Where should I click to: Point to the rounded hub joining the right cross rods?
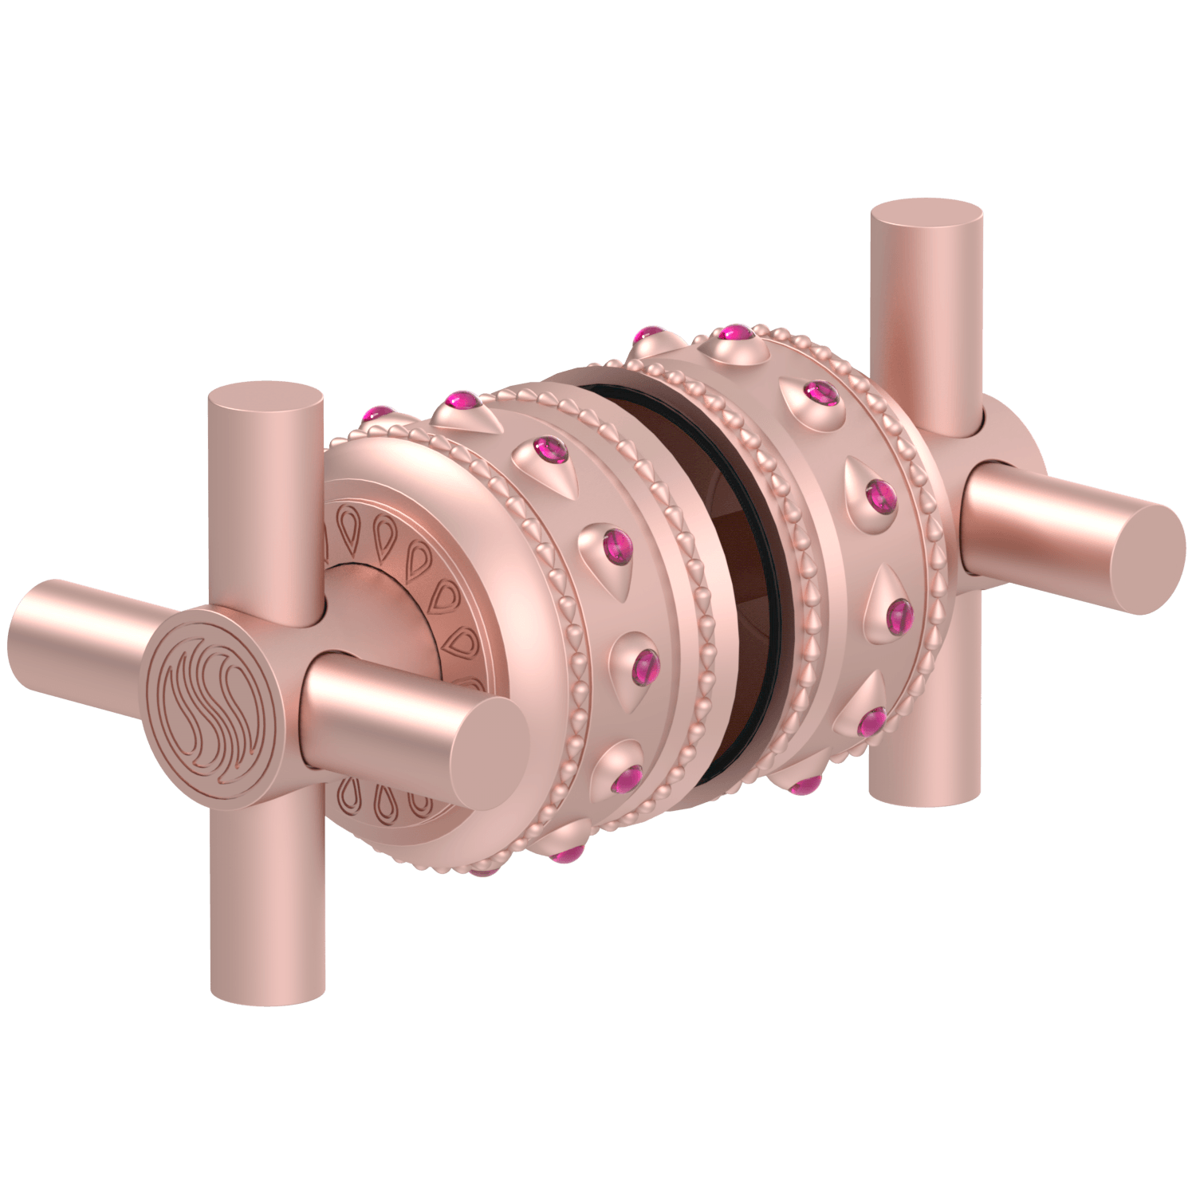point(1009,439)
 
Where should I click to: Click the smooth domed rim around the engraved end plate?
point(447,510)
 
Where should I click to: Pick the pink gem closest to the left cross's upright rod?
point(378,414)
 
